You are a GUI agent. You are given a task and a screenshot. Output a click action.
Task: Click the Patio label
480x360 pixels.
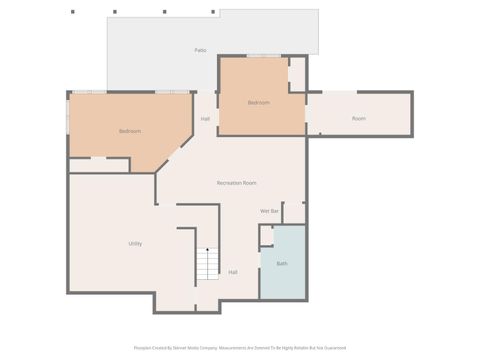[x=200, y=49]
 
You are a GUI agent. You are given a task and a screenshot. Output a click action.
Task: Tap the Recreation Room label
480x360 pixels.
[x=237, y=183]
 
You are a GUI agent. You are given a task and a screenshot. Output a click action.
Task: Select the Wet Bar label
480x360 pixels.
[x=269, y=211]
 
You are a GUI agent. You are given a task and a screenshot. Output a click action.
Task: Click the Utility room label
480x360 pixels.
[x=134, y=243]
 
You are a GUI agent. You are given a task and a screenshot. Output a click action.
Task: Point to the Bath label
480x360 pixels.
[x=282, y=263]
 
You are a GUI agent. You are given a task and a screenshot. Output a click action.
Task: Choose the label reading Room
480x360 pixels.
[x=358, y=119]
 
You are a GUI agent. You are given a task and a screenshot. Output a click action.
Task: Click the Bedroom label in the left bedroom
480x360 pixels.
[x=129, y=131]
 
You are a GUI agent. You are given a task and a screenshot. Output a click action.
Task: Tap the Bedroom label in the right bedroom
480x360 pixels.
[x=258, y=103]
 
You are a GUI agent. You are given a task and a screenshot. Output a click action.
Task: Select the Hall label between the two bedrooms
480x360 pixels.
[x=205, y=119]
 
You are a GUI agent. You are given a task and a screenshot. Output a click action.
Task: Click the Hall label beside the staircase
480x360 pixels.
[x=233, y=272]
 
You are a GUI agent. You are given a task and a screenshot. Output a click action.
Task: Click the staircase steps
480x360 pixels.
[x=206, y=264]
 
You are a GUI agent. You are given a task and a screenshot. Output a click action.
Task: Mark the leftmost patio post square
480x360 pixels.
[x=72, y=12]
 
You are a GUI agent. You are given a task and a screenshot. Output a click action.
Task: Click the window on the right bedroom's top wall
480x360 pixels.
[x=263, y=56]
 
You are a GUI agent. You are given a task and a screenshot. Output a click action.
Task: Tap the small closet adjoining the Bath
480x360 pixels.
[x=266, y=236]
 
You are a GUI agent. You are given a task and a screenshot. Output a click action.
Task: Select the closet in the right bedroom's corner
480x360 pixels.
[x=297, y=74]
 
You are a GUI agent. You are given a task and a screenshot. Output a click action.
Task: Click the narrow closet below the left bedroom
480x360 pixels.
[x=98, y=165]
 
